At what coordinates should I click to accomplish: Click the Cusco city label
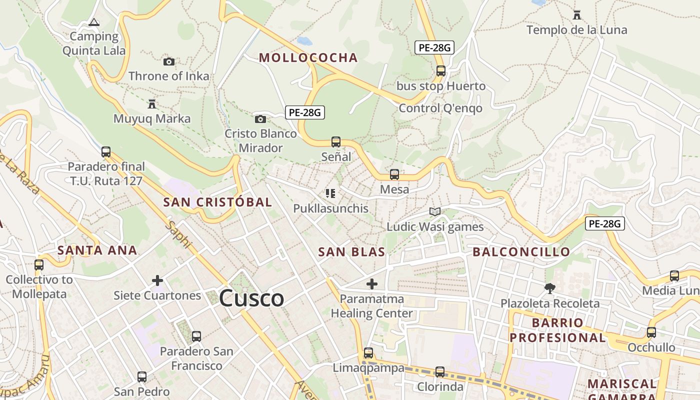pos(251,298)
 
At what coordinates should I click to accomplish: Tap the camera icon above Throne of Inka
pos(169,61)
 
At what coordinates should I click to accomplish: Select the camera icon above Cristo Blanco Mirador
pos(260,119)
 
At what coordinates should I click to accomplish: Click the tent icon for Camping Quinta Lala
pos(93,22)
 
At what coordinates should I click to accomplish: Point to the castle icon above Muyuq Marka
pos(152,104)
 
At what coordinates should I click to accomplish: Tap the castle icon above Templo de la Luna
pos(576,15)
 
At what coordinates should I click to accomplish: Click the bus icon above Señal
pos(336,142)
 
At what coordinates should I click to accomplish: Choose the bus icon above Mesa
pos(394,174)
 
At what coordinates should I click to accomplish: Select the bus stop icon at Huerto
pos(440,71)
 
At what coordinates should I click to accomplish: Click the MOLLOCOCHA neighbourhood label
pos(308,57)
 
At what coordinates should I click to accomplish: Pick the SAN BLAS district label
pos(351,252)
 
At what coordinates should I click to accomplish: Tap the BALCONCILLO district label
pos(521,252)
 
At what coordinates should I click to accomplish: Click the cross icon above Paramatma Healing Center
pos(371,284)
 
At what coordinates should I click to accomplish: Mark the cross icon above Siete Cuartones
pos(157,280)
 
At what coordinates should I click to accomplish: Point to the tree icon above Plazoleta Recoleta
pos(549,288)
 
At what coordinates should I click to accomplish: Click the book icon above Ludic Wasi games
pos(434,212)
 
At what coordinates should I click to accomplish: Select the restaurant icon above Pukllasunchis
pos(330,193)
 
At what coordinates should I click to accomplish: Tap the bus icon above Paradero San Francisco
pos(196,336)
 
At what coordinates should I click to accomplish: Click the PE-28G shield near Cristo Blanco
pos(305,112)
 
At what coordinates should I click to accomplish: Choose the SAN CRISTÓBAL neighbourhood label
pos(217,202)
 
